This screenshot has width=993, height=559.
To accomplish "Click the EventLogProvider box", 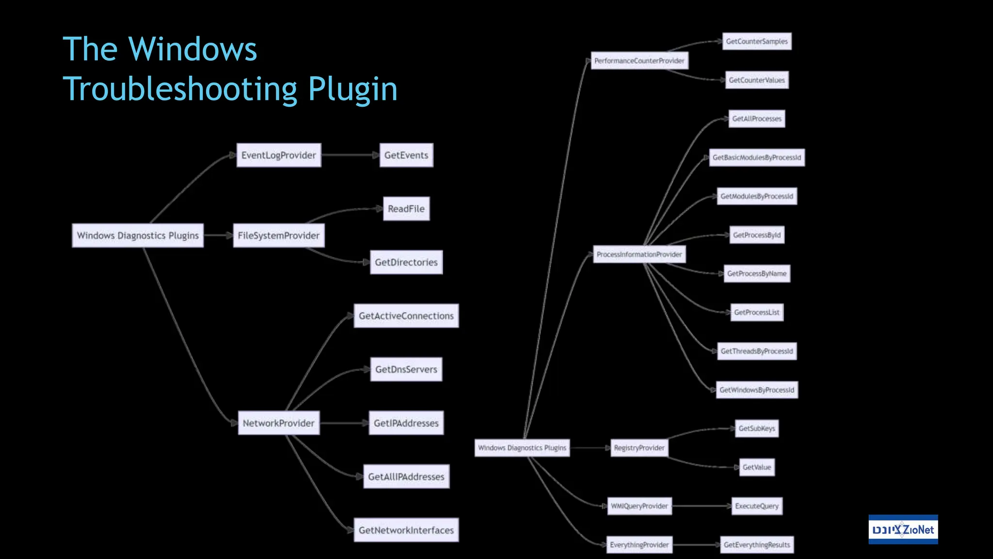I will [278, 155].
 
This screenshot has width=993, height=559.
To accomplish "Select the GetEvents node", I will [406, 155].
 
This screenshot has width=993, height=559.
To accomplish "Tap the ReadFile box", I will [406, 209].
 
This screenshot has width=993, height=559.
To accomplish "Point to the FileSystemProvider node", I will [278, 235].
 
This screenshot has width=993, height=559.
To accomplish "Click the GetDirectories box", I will [406, 262].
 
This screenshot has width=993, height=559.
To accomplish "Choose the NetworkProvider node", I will [278, 423].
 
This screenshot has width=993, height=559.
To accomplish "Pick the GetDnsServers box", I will [406, 369].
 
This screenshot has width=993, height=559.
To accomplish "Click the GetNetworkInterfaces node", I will [406, 530].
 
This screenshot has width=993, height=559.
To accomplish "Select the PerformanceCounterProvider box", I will [639, 61].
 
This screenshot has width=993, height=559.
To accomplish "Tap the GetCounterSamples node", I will [756, 41].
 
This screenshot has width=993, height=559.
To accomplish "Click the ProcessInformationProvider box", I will [639, 254].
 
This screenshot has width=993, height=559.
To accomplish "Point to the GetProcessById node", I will [756, 235].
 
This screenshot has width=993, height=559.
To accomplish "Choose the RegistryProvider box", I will [639, 448].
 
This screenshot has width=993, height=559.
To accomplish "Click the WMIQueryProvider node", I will [639, 506].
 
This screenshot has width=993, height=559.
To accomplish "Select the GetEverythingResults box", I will [756, 545].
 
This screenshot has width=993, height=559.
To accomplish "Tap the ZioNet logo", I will [903, 529].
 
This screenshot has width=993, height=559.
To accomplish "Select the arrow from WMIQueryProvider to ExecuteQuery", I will [702, 506].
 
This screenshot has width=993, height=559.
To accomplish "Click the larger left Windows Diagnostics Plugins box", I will [138, 235].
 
